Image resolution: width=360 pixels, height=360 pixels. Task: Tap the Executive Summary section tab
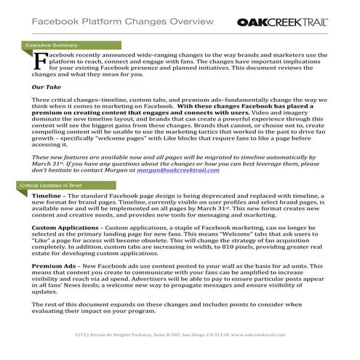(x=51, y=45)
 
